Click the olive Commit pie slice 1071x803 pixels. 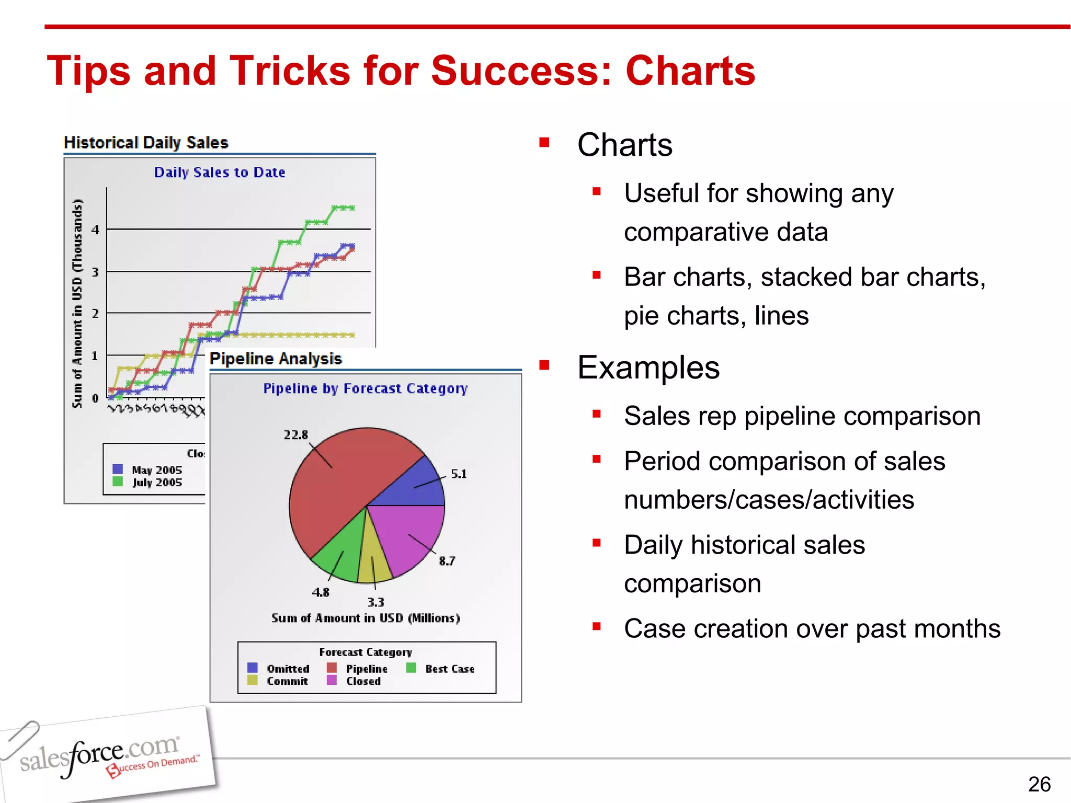pyautogui.click(x=374, y=565)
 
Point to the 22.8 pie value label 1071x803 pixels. pyautogui.click(x=296, y=435)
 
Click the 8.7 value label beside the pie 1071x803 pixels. pyautogui.click(x=447, y=561)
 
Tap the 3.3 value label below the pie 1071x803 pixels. pyautogui.click(x=375, y=602)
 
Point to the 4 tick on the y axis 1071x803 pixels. pyautogui.click(x=95, y=230)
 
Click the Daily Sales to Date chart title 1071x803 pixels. pyautogui.click(x=220, y=173)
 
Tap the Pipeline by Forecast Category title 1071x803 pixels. pyautogui.click(x=365, y=388)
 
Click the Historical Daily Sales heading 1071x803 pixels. pyautogui.click(x=146, y=142)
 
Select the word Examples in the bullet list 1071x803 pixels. pyautogui.click(x=648, y=368)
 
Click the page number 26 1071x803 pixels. pyautogui.click(x=1039, y=784)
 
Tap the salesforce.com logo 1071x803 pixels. pyautogui.click(x=105, y=755)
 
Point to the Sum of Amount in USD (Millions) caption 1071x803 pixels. pyautogui.click(x=366, y=618)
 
